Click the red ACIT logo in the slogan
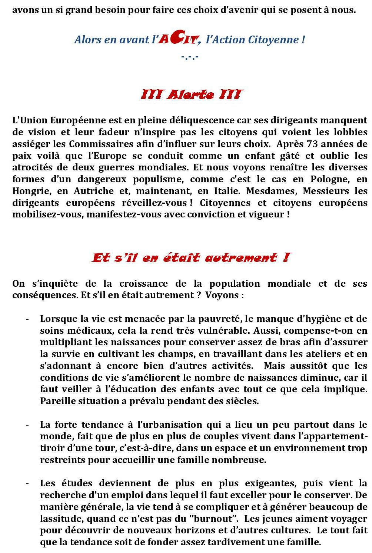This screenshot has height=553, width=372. (x=179, y=39)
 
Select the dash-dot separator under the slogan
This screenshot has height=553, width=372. (x=190, y=57)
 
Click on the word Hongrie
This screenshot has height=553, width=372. (x=28, y=191)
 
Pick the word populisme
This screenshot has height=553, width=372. (x=157, y=179)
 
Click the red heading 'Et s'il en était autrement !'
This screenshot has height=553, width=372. (x=190, y=258)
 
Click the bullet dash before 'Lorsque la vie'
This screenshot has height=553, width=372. (x=27, y=319)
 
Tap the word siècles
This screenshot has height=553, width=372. (x=241, y=401)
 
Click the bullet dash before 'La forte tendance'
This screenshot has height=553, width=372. (x=27, y=425)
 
